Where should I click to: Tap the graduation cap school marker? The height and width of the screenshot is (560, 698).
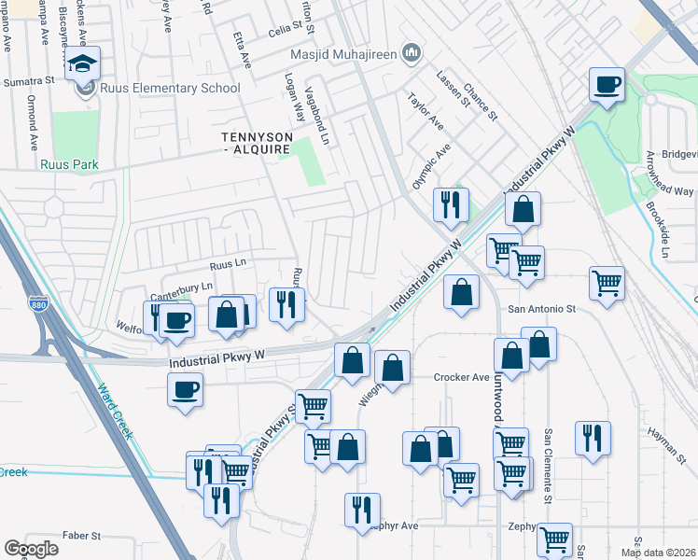(x=83, y=63)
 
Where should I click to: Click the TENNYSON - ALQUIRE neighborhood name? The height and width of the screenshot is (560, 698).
(x=257, y=143)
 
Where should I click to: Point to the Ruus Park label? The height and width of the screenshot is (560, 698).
(x=70, y=164)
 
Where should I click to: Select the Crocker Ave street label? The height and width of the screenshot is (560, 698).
(x=461, y=377)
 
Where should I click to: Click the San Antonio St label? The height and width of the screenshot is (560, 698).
(x=543, y=308)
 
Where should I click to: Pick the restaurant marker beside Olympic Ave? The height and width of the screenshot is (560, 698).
(x=452, y=204)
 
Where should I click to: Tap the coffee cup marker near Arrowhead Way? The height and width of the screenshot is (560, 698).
(x=607, y=86)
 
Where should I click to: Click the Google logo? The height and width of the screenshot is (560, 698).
(x=32, y=549)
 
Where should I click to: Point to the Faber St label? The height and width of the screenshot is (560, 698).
(x=81, y=536)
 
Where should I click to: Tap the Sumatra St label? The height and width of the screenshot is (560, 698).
(x=28, y=81)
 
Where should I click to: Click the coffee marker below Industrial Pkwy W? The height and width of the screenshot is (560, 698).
(x=185, y=388)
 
